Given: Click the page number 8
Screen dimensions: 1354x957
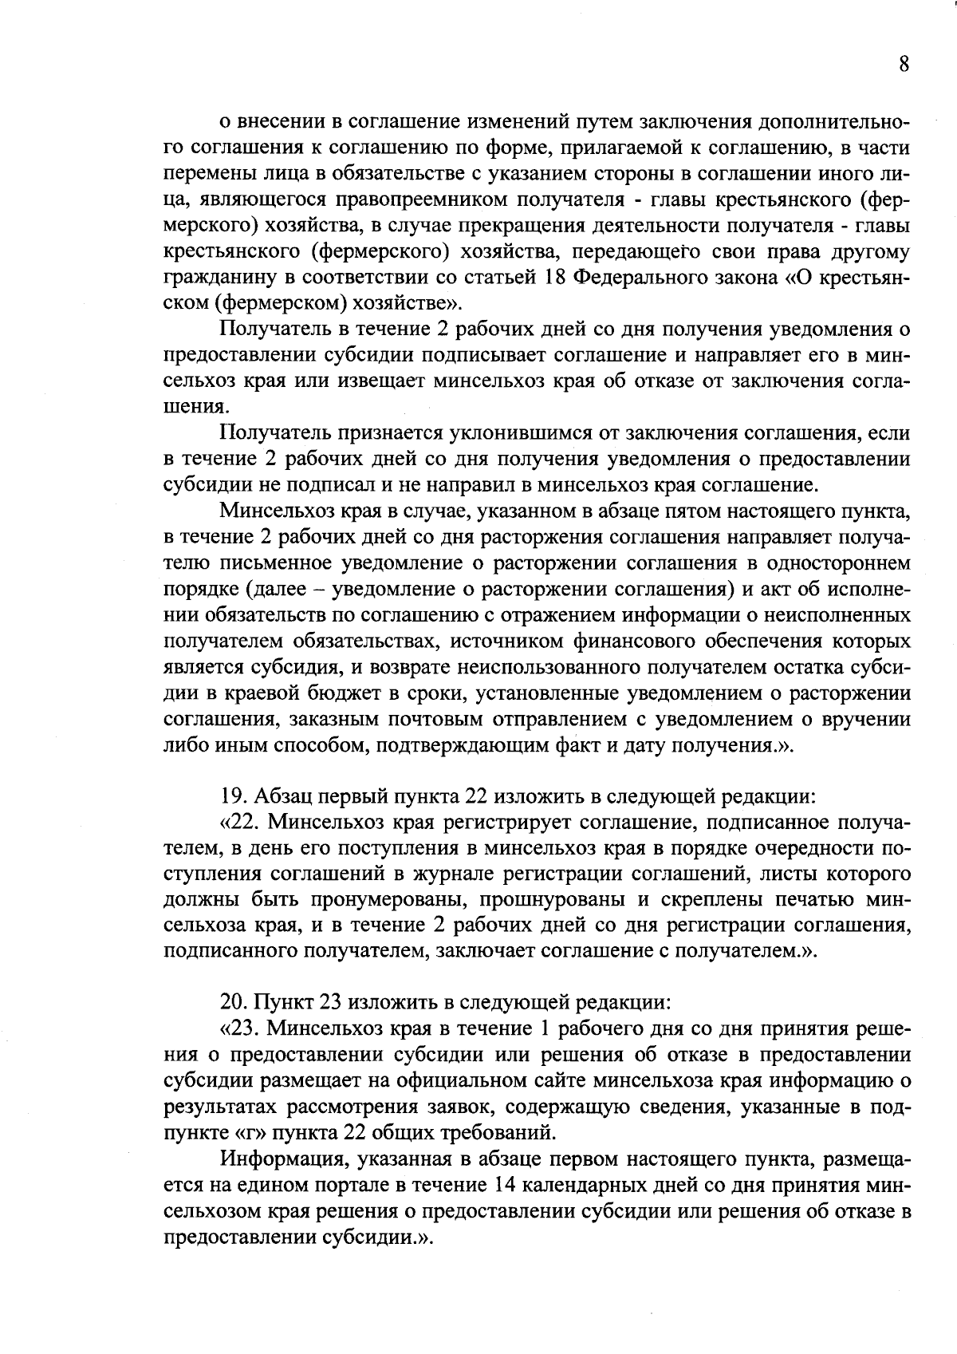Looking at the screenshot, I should (904, 65).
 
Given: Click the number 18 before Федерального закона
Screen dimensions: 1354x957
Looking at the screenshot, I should (555, 278).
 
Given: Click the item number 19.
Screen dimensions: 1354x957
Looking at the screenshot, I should (232, 796).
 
